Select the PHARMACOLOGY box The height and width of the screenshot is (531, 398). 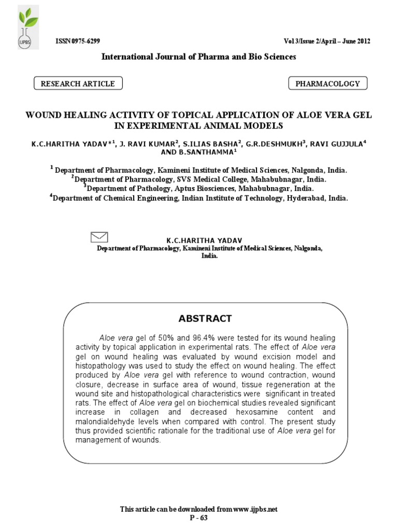(327, 83)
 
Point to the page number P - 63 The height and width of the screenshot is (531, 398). (199, 518)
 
